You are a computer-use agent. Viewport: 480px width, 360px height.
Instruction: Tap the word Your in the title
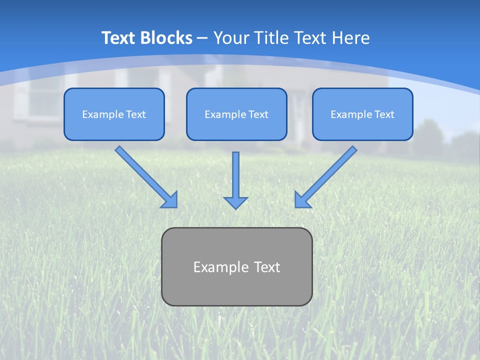[x=231, y=38]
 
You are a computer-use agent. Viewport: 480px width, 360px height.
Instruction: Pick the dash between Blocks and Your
[x=203, y=38]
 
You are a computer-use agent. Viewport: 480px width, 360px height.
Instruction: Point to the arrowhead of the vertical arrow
[x=235, y=202]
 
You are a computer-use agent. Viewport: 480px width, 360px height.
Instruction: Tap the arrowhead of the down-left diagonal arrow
[x=301, y=200]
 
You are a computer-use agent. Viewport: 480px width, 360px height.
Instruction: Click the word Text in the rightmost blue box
[x=384, y=114]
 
